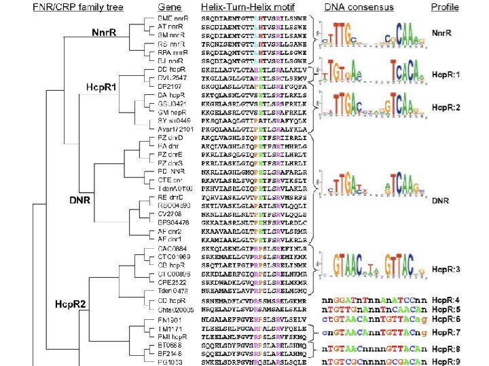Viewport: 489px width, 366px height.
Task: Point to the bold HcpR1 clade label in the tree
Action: click(101, 88)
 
